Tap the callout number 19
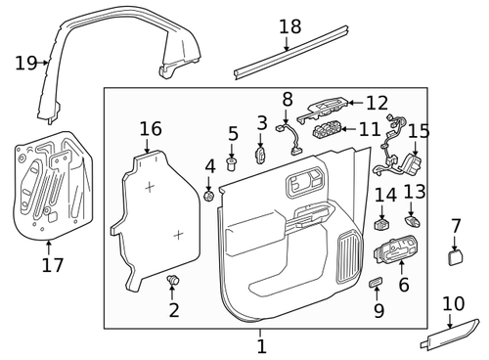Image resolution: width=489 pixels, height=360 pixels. click(x=24, y=64)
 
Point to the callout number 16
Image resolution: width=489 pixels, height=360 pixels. click(x=150, y=129)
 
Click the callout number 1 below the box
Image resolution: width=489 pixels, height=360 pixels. click(x=261, y=345)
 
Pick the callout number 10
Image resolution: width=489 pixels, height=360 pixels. click(x=453, y=304)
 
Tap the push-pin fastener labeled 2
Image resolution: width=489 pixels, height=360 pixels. click(x=173, y=283)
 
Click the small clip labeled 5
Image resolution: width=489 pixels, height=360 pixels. click(x=233, y=161)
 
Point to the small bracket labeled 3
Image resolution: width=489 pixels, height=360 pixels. click(x=261, y=154)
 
